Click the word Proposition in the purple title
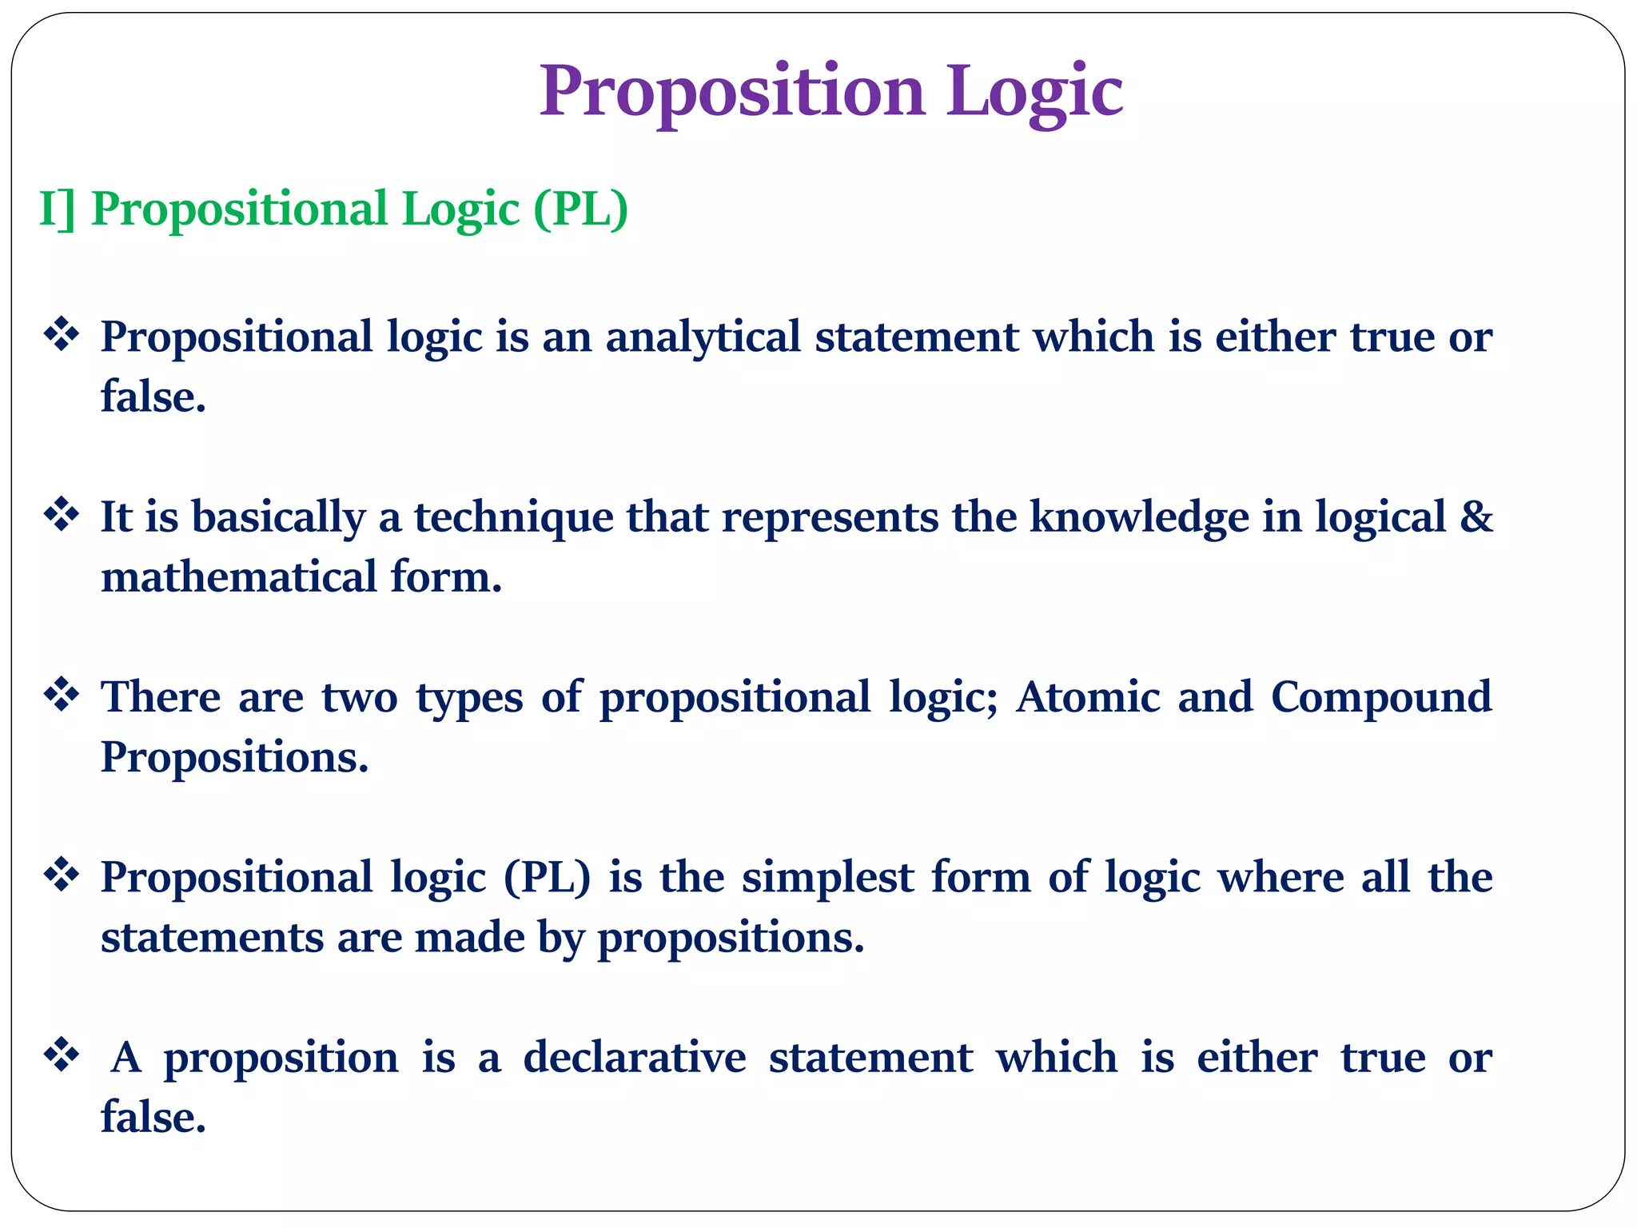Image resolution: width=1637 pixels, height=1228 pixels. pyautogui.click(x=731, y=92)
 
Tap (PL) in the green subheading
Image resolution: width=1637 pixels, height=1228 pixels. pyautogui.click(x=581, y=209)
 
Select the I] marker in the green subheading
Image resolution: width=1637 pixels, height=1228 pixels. pyautogui.click(x=57, y=209)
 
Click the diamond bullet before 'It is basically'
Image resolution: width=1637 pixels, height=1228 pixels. pyautogui.click(x=62, y=515)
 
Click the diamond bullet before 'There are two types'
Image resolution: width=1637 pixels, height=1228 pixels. pyautogui.click(x=62, y=695)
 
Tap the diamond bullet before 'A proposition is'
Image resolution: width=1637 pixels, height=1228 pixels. pyautogui.click(x=62, y=1055)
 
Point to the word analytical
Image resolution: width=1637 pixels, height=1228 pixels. pyautogui.click(x=703, y=337)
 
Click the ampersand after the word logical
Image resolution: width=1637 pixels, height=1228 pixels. pyautogui.click(x=1476, y=516)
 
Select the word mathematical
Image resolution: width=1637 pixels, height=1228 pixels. pyautogui.click(x=238, y=576)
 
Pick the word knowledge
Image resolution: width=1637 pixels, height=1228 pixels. pyautogui.click(x=1138, y=516)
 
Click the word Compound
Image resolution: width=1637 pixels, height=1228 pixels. pyautogui.click(x=1380, y=696)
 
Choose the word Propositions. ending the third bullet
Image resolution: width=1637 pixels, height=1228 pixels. pyautogui.click(x=234, y=756)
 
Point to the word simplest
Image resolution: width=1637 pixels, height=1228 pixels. pyautogui.click(x=827, y=877)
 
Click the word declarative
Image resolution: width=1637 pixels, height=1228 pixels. pyautogui.click(x=634, y=1057)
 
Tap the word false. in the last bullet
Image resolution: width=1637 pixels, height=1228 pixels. pyautogui.click(x=153, y=1117)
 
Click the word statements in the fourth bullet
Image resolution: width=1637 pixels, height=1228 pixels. pyautogui.click(x=212, y=937)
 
